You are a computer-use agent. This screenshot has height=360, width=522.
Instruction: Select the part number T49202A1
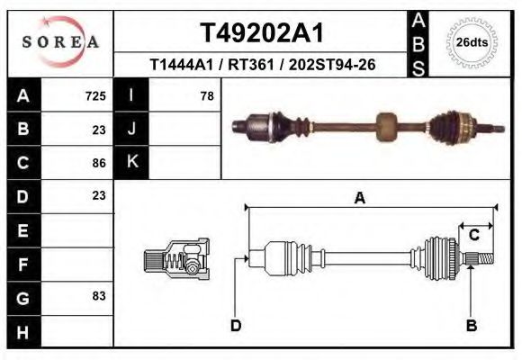(261, 33)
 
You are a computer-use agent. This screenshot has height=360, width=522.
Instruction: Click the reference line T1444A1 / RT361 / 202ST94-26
(262, 65)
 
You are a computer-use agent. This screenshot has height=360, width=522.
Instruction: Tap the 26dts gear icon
(472, 41)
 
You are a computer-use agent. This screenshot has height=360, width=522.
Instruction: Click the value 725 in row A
(95, 95)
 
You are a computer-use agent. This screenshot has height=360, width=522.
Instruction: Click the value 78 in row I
(206, 95)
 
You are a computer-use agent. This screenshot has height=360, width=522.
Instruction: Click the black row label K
(132, 162)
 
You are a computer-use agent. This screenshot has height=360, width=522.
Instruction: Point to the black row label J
(132, 129)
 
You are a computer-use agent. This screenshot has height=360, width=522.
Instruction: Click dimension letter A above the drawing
(359, 199)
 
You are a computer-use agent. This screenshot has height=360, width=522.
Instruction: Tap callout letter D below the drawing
(235, 326)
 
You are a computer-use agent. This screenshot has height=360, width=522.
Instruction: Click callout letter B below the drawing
(471, 326)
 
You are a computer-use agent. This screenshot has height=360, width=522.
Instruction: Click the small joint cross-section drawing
(175, 259)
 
